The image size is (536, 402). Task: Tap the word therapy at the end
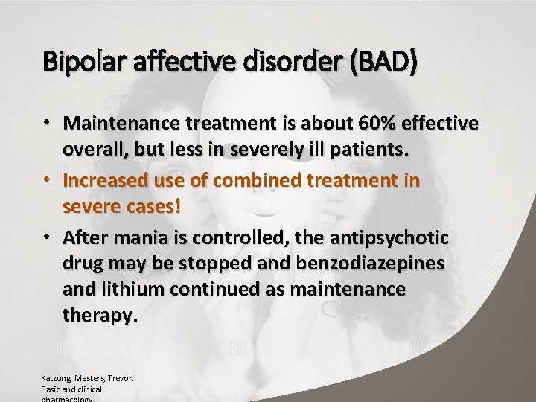tap(100, 315)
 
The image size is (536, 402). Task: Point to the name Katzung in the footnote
tap(56, 378)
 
